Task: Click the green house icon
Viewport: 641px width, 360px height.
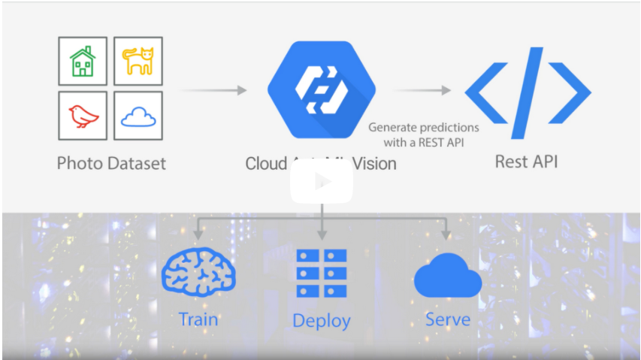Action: [x=83, y=61]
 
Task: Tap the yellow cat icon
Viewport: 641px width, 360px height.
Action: [x=138, y=61]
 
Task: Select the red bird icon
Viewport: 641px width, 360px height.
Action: [x=83, y=116]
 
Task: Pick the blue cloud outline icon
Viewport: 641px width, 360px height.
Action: [x=138, y=116]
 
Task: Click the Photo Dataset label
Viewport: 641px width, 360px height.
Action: [x=111, y=163]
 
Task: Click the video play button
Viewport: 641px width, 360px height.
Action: [x=322, y=182]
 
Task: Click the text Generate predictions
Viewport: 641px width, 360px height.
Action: [x=423, y=127]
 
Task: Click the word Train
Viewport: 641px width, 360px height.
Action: [x=199, y=319]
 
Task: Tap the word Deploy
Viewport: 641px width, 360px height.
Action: [x=322, y=321]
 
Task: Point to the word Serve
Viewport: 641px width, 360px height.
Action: [x=448, y=319]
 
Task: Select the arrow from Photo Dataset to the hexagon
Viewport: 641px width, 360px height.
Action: [x=214, y=90]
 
